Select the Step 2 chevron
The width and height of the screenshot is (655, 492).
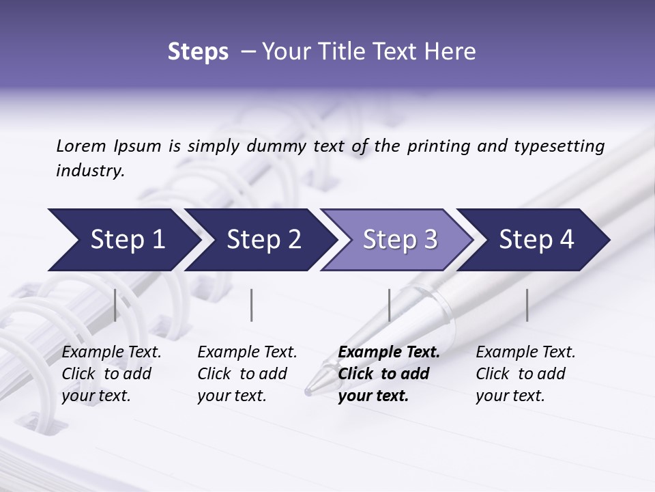[261, 240]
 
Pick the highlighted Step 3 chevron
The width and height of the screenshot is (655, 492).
[398, 240]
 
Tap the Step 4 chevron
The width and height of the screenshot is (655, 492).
[535, 240]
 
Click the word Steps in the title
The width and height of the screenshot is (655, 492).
[198, 52]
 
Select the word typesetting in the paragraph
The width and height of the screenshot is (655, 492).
[560, 146]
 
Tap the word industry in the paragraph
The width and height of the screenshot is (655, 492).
[90, 171]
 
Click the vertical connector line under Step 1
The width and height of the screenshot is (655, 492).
[115, 305]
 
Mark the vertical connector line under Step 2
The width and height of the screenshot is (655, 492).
[252, 305]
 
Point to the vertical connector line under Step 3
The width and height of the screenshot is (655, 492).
[389, 305]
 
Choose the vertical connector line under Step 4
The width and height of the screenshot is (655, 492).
[527, 305]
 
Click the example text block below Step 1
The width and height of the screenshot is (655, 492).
[111, 374]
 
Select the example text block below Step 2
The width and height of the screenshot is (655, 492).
[247, 374]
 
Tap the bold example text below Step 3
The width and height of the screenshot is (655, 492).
[389, 374]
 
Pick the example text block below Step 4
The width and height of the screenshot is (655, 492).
[525, 374]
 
